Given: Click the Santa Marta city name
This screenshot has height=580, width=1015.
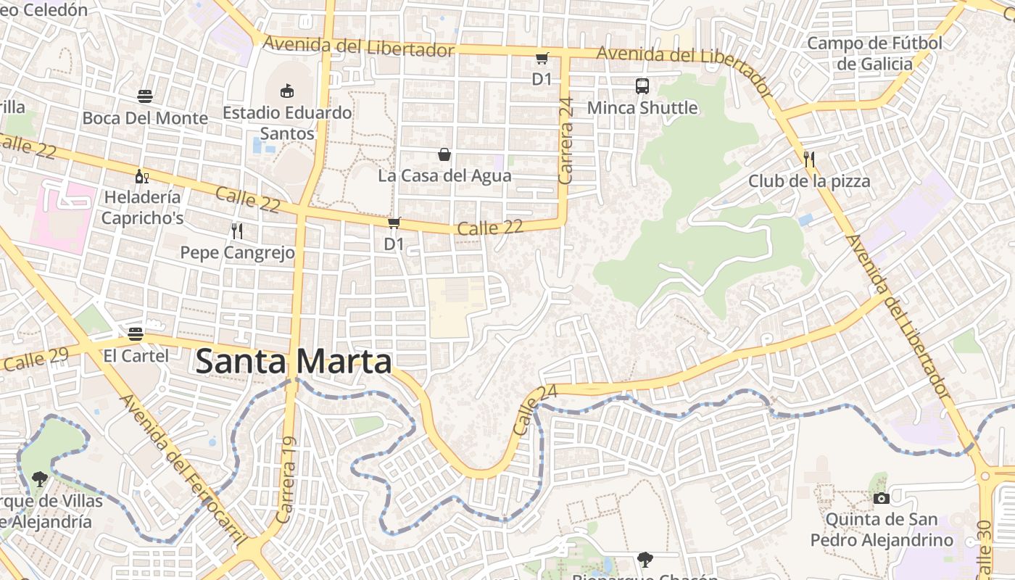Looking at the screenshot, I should pos(294,362).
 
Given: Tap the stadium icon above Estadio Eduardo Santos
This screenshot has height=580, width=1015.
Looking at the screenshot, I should pos(287,91).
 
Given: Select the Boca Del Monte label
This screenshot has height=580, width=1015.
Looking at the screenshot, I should pos(145,118).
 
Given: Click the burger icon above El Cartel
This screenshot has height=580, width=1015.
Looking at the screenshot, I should pos(136,334).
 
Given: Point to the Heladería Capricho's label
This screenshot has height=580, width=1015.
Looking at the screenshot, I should pos(143,207).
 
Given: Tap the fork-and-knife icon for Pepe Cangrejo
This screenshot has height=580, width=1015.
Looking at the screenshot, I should pos(236,231).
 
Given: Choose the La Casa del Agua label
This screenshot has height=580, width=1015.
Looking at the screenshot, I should pos(444,175).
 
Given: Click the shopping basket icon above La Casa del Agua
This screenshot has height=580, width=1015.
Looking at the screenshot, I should pos(444,154).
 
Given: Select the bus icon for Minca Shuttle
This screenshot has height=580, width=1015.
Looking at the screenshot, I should pos(642,86).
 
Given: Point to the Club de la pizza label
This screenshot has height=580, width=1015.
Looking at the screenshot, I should pos(809,181).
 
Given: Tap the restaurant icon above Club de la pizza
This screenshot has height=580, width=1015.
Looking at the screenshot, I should pos(809,159).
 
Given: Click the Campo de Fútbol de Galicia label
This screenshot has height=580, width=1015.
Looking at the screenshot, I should pos(874,54).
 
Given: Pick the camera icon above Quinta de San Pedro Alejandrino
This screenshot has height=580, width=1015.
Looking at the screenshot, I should pos(882,498).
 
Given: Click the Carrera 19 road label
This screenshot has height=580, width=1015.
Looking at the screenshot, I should pos(286,480).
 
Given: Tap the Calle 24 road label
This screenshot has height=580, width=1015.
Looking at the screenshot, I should pos(535,410).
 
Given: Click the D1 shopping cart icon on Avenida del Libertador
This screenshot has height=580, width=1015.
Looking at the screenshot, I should pos(542,59).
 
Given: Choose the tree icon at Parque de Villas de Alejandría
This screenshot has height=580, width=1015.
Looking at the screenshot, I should pos(39,478).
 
